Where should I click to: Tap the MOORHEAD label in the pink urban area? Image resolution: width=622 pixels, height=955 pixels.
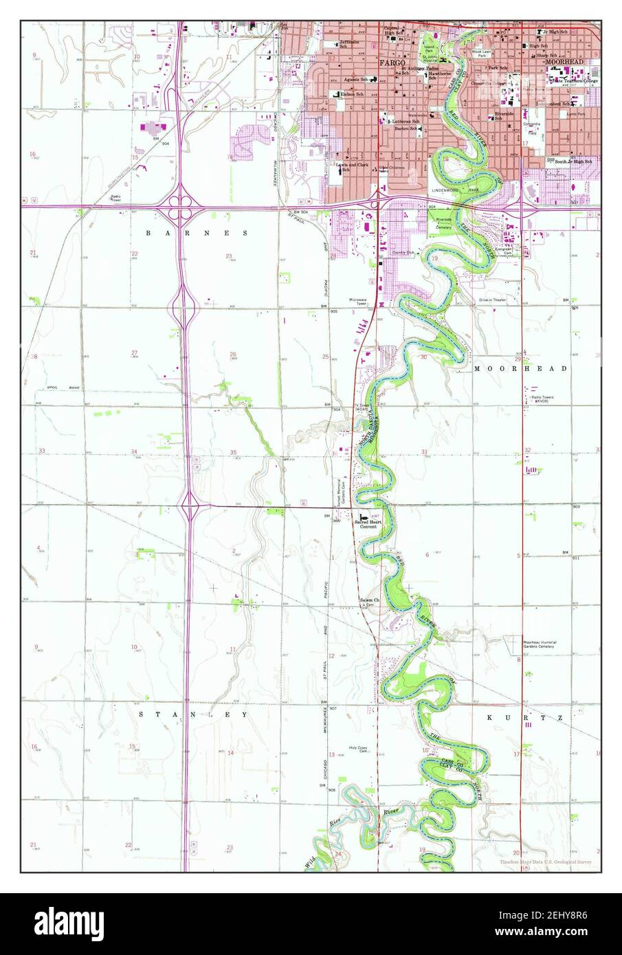[x=564, y=62]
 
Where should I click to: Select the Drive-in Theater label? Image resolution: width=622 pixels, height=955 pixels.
[x=493, y=300]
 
